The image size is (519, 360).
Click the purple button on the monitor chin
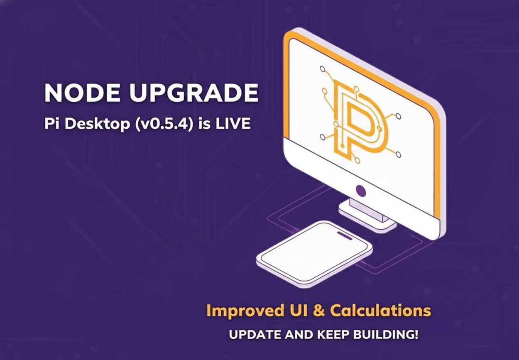361,191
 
